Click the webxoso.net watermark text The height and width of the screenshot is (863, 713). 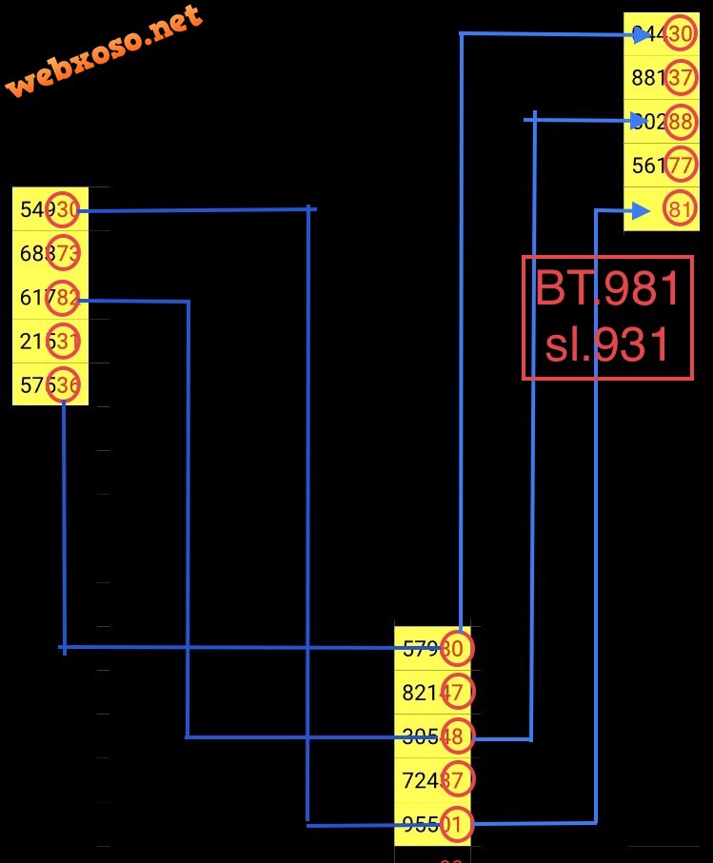coord(105,52)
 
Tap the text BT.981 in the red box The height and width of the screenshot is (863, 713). coord(608,289)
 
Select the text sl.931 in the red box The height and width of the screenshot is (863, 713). coord(608,344)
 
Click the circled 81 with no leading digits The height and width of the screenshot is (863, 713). coord(680,210)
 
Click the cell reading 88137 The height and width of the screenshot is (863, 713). coord(662,78)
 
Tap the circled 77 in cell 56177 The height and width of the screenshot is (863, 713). coord(680,166)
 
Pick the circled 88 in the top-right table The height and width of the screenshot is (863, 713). coord(680,122)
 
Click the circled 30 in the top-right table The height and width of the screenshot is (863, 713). coord(680,34)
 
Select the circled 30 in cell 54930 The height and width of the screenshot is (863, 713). coord(67,210)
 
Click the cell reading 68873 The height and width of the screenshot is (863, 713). coord(50,254)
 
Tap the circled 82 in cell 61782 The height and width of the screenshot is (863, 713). coord(67,298)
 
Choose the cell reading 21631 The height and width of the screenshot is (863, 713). coord(50,341)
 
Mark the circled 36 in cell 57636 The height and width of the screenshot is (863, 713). coord(67,384)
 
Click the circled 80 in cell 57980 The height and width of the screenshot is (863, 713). coord(456,649)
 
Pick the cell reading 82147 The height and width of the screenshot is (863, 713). coord(433,693)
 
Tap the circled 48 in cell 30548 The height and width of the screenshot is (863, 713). coord(456,736)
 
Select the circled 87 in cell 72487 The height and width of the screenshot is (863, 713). coord(456,780)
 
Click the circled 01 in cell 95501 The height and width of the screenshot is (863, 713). coord(456,824)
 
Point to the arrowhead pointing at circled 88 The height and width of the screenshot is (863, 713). coord(639,121)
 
